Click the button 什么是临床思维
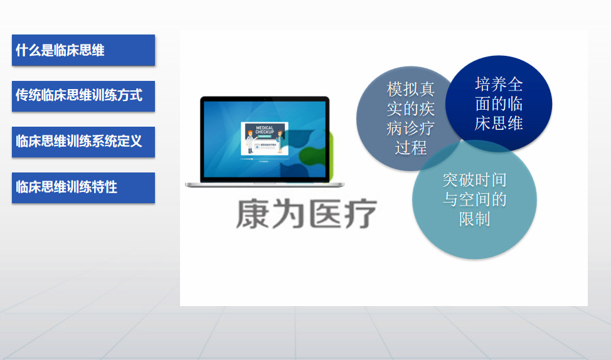[x=83, y=50]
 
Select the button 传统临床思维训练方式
[x=83, y=96]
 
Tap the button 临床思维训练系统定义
[x=83, y=142]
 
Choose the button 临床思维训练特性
[x=83, y=188]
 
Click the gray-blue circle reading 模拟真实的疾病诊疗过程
[x=401, y=119]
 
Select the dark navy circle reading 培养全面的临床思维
[x=499, y=103]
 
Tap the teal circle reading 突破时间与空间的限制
[x=474, y=199]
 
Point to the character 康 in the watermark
[x=253, y=214]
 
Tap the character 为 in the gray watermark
[x=289, y=214]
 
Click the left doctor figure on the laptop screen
[x=250, y=142]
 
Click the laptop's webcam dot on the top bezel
[x=265, y=99]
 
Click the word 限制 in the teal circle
[x=474, y=220]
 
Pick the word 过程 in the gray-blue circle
[x=411, y=148]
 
